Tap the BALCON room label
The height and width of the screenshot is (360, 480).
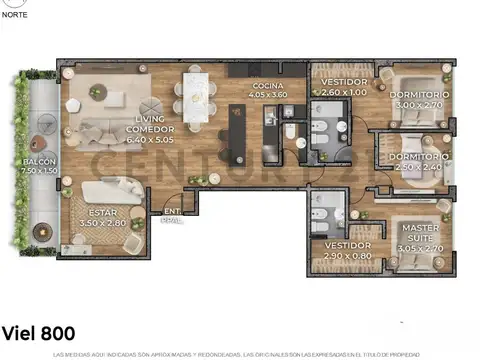click(x=41, y=162)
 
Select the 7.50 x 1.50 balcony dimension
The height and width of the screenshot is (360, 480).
click(x=41, y=171)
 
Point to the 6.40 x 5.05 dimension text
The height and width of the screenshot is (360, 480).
click(x=150, y=140)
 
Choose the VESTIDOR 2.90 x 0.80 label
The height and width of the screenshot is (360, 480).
click(x=347, y=251)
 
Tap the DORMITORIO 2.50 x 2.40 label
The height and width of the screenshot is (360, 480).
click(x=414, y=162)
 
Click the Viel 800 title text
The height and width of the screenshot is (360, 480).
click(x=37, y=332)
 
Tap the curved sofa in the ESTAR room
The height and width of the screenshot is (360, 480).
click(x=115, y=191)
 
